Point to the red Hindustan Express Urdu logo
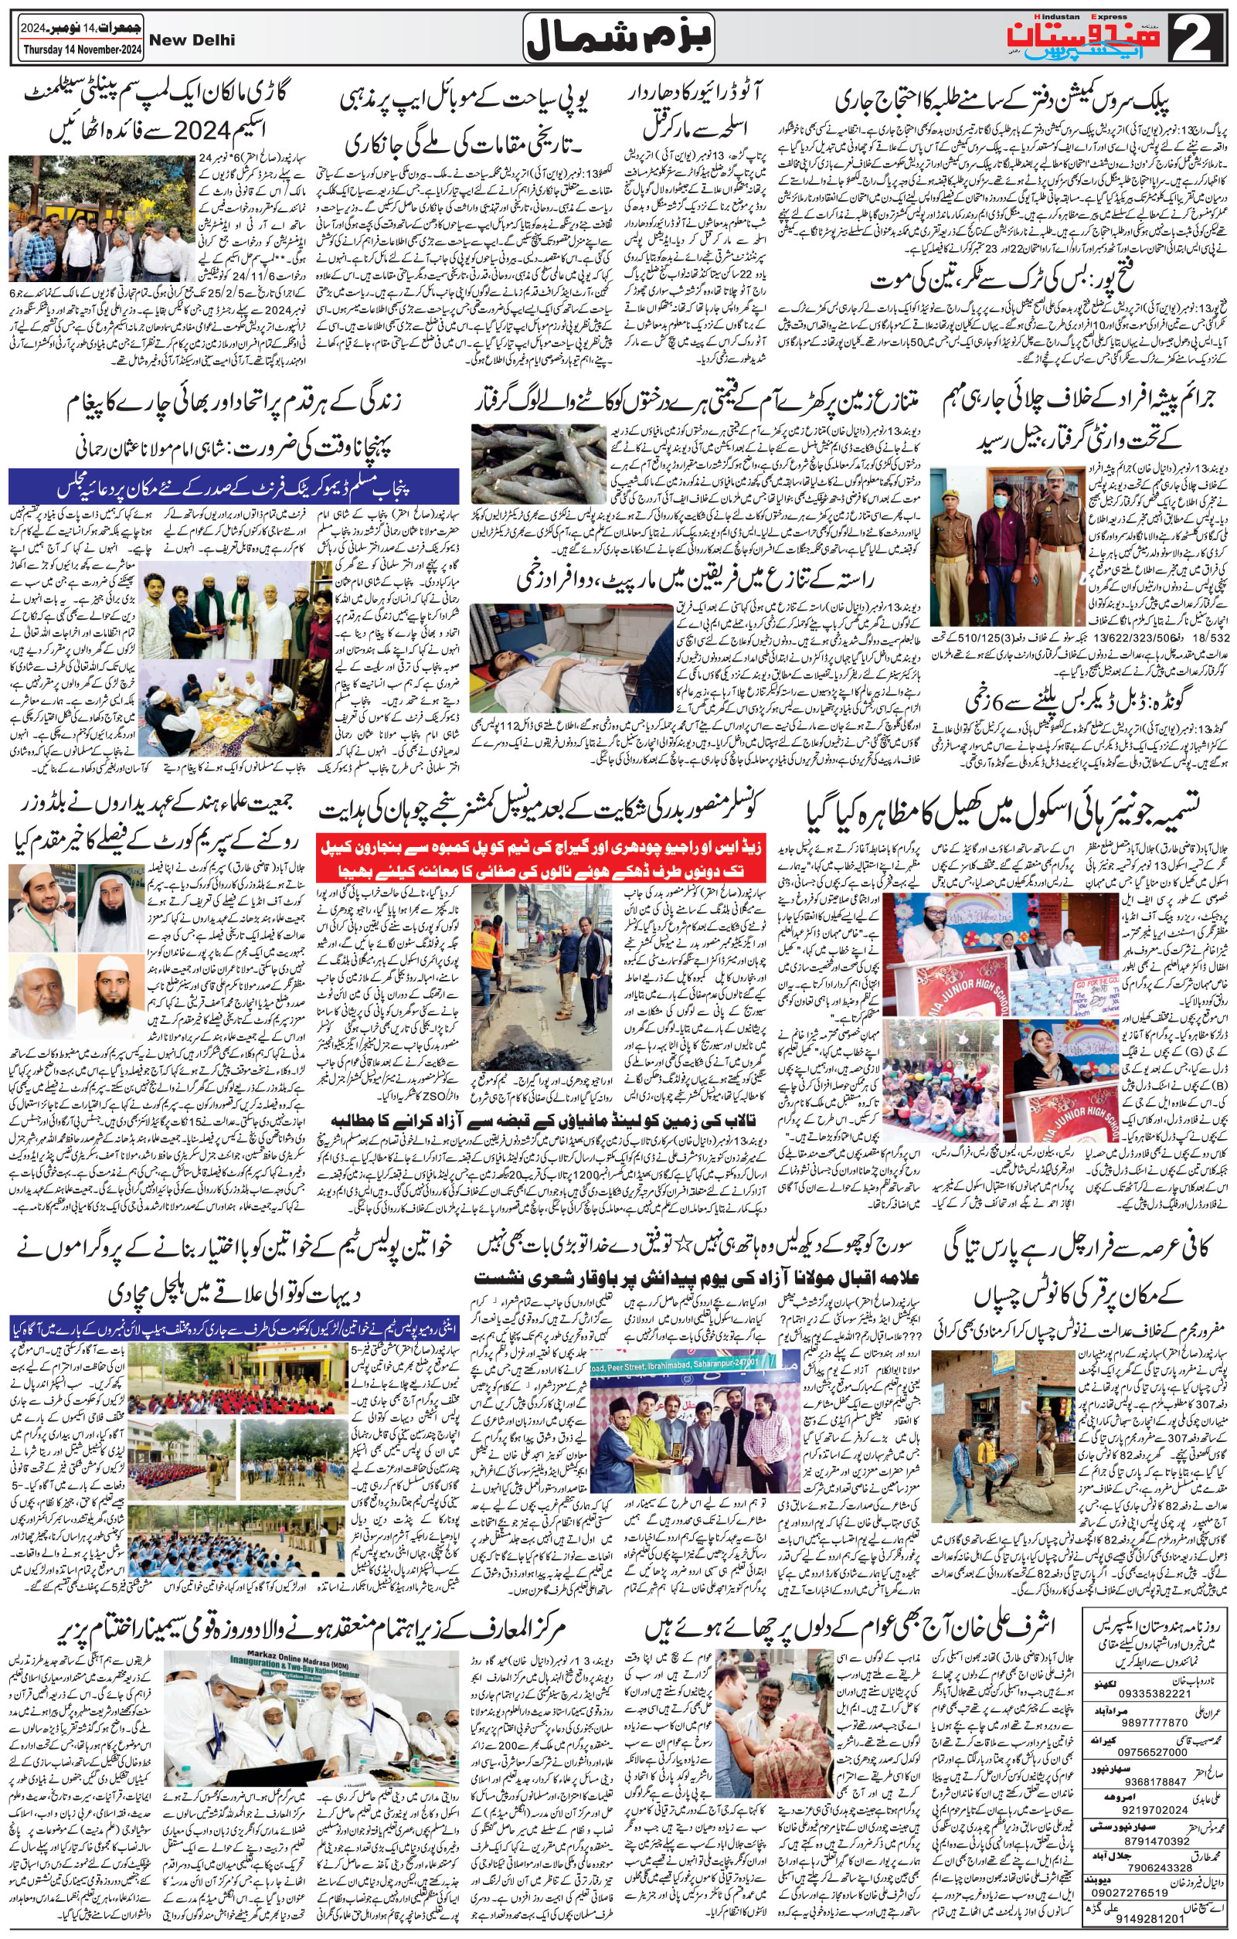(1086, 37)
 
